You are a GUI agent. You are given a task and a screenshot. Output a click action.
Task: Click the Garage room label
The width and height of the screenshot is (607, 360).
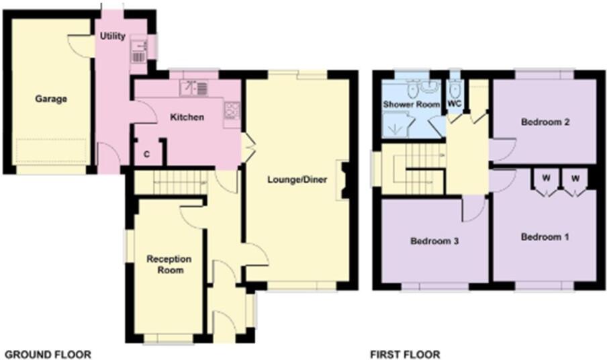(x=51, y=99)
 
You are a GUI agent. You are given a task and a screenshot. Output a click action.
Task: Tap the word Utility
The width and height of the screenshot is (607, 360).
(x=113, y=36)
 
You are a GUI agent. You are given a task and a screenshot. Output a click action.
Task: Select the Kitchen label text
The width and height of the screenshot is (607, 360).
(x=187, y=118)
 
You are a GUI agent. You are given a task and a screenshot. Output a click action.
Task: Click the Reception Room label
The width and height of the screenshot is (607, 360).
(x=169, y=265)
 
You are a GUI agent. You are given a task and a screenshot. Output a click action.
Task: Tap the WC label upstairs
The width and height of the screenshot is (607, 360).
(x=455, y=105)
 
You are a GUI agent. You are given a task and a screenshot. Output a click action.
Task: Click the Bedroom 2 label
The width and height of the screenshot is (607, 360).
(x=545, y=122)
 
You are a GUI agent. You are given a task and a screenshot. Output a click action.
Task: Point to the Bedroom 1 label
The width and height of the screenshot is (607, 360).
(x=545, y=237)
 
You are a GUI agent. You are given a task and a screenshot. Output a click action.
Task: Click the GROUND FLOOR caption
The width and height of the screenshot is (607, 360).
(x=48, y=354)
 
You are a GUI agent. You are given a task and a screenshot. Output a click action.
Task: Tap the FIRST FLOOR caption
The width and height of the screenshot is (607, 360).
(x=406, y=354)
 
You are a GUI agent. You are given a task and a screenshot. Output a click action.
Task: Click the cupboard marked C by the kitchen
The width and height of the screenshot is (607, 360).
(x=147, y=154)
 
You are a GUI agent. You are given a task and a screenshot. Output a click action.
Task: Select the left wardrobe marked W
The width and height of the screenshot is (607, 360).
(x=545, y=179)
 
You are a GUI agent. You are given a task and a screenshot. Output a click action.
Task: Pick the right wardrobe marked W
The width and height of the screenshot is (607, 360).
(x=575, y=179)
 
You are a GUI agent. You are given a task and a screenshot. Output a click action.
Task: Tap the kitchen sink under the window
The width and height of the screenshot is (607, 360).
(x=194, y=87)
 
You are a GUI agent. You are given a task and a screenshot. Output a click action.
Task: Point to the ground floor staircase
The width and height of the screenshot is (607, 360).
(x=171, y=183)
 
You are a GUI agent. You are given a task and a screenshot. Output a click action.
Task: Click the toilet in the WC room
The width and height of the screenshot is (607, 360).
(x=455, y=91)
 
